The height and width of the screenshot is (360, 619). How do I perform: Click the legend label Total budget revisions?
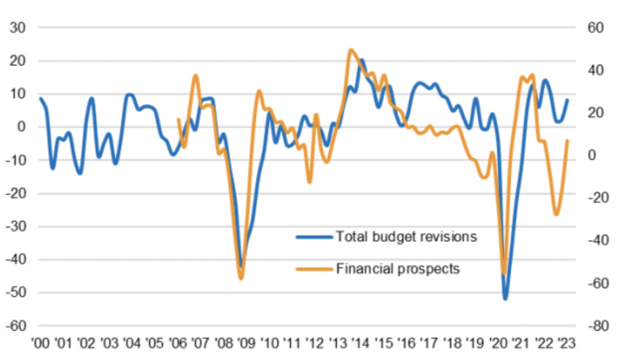(x=407, y=237)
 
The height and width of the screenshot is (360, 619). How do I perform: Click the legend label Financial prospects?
(x=397, y=268)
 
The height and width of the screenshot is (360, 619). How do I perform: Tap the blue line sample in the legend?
(x=314, y=237)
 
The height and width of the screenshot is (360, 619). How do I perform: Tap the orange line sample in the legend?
(x=314, y=268)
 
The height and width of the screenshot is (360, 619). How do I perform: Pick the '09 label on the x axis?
(x=247, y=342)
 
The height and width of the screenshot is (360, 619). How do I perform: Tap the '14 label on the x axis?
(x=362, y=342)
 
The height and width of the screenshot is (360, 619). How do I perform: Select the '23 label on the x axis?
(x=568, y=342)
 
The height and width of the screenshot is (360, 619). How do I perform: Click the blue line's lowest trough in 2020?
(x=506, y=299)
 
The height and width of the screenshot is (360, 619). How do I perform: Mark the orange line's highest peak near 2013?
(x=351, y=50)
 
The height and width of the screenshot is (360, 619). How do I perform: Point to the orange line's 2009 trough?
(x=241, y=279)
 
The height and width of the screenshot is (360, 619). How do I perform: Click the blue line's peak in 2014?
(x=361, y=60)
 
